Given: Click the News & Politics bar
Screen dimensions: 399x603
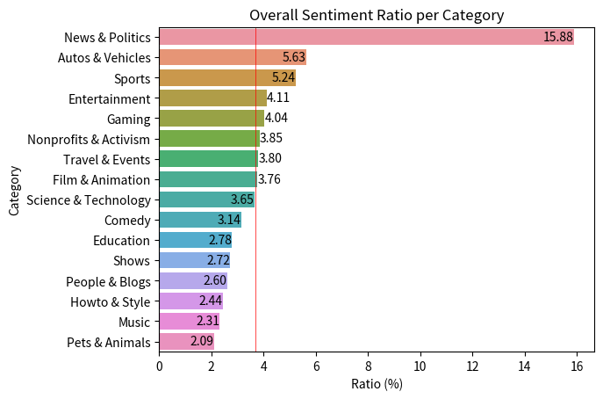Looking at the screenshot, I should pyautogui.click(x=366, y=37).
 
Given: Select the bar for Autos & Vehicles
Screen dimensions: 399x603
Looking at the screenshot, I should pyautogui.click(x=233, y=57).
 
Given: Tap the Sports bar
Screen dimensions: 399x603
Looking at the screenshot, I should pyautogui.click(x=227, y=77).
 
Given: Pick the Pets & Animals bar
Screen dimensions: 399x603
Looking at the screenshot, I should pyautogui.click(x=186, y=342).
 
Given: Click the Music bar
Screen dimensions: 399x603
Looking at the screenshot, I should pyautogui.click(x=189, y=322).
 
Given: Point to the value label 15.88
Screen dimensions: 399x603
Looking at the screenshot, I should pyautogui.click(x=557, y=37).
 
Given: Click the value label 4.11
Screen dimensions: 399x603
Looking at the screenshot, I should pyautogui.click(x=278, y=98).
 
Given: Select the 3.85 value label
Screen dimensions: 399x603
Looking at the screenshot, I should pyautogui.click(x=271, y=139).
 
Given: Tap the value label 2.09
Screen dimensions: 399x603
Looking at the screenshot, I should pyautogui.click(x=201, y=342).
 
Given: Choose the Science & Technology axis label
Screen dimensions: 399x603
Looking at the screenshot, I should pyautogui.click(x=89, y=199).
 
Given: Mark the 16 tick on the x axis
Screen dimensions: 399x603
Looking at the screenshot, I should pyautogui.click(x=577, y=366).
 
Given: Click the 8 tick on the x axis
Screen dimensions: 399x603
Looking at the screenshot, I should pyautogui.click(x=368, y=366).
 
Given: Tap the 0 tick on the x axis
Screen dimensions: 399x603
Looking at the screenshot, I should pyautogui.click(x=159, y=366).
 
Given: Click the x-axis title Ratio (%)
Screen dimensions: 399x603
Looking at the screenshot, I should pyautogui.click(x=377, y=384).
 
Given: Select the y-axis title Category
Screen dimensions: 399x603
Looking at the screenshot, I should pyautogui.click(x=14, y=190).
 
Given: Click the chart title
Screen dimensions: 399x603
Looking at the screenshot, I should pyautogui.click(x=377, y=15).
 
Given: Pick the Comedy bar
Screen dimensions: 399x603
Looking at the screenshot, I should pyautogui.click(x=200, y=220).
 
